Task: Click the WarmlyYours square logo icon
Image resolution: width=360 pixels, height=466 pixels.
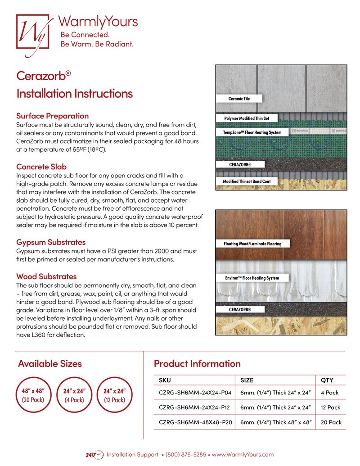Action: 32,31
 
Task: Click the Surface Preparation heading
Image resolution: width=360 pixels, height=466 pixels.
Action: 52,116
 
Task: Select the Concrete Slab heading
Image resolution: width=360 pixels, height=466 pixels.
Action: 41,167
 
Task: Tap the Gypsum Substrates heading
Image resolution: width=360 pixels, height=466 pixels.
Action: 51,242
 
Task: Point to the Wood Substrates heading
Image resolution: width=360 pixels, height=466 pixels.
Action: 46,276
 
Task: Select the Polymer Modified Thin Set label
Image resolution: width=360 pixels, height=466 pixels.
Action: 247,118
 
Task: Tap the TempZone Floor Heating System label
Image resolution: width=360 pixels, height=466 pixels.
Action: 252,132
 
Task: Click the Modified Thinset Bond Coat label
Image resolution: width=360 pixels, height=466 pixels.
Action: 249,181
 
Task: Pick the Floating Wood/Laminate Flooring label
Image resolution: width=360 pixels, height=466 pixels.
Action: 252,244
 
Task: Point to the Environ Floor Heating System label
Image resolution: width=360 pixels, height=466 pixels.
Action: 252,278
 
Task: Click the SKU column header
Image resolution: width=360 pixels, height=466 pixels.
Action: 165,380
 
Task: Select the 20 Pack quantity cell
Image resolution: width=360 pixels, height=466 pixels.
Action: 331,422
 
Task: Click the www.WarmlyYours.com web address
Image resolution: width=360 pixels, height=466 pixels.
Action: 243,455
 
